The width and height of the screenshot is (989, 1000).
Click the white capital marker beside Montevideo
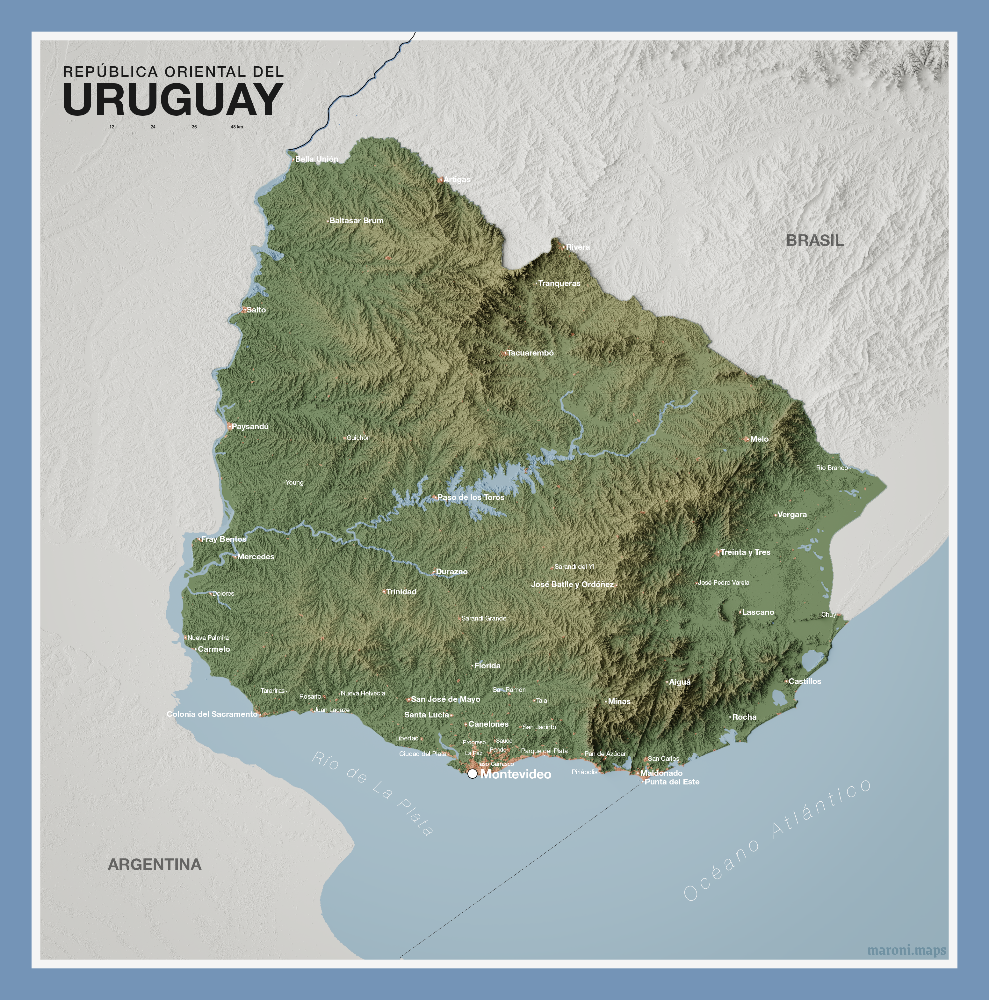(472, 774)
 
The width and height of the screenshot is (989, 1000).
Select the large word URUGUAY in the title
(173, 99)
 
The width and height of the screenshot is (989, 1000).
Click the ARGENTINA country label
(155, 864)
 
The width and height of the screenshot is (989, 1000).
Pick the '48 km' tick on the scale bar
(236, 127)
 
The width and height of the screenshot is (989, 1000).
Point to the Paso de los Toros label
(470, 497)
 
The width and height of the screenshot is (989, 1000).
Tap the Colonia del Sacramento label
(212, 714)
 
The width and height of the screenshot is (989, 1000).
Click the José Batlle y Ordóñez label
(572, 585)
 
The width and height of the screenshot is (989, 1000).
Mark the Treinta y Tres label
(745, 552)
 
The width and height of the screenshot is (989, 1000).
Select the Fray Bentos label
(223, 539)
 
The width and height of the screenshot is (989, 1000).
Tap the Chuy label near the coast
(828, 614)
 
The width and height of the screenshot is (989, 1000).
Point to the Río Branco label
(832, 468)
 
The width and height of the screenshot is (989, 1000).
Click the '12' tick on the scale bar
(112, 127)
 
